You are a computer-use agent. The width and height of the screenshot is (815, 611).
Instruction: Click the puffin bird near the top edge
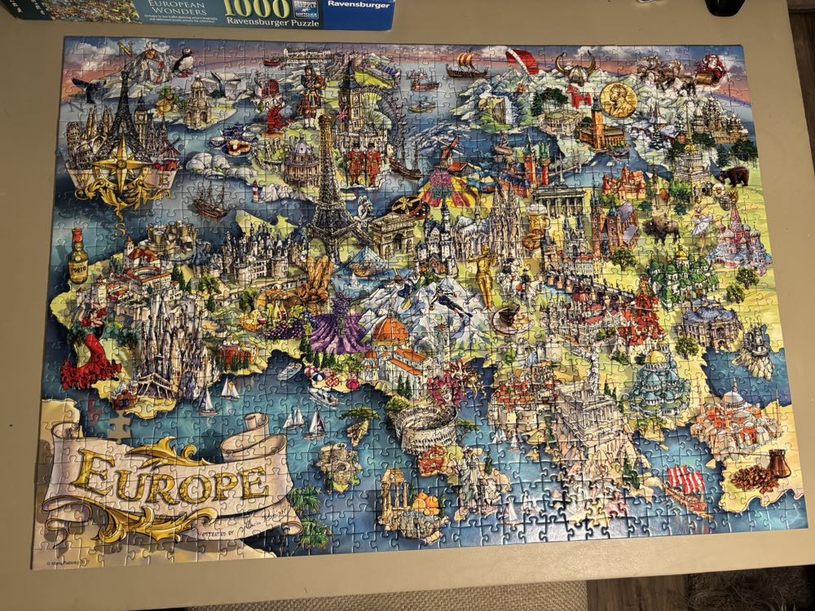point(184,59)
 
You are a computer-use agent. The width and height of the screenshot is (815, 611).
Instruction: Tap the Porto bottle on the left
point(78,255)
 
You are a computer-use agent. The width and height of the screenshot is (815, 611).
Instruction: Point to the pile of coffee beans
point(754,477)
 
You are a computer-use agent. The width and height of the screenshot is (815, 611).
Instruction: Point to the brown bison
point(661,228)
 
